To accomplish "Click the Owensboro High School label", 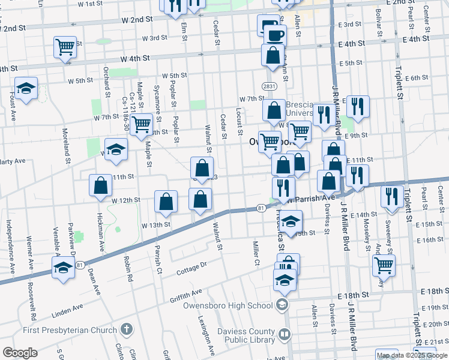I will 228,305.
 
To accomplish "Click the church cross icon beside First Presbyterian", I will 126,329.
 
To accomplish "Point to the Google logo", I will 20,353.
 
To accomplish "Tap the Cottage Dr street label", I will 191,268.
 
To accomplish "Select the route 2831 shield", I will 269,86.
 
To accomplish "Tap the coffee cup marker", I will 275,35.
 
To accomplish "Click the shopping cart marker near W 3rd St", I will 65,47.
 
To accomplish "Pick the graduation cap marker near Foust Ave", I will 26,89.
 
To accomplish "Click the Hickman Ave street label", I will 100,236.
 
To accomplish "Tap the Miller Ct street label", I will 256,253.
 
